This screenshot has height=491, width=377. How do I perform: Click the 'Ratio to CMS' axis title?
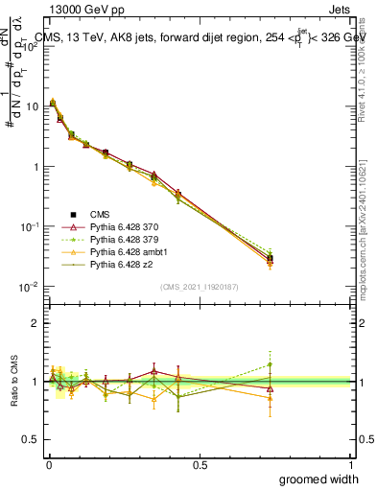coord(13,382)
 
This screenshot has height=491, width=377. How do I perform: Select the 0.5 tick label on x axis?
coord(200,465)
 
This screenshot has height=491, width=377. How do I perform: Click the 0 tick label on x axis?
coord(49,465)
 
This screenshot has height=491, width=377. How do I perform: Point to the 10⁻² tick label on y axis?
coord(31,287)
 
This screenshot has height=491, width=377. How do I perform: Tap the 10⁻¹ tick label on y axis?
coord(31,226)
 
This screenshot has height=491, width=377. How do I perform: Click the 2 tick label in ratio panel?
coord(36,323)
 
